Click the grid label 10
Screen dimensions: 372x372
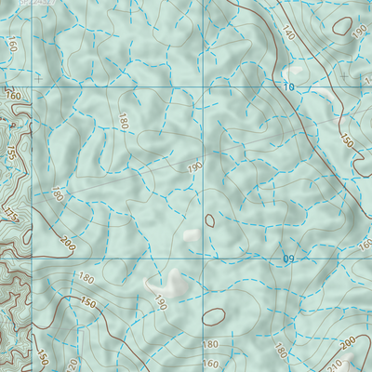point(289,87)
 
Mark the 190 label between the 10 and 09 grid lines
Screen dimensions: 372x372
point(194,167)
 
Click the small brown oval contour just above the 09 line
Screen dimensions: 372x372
point(210,220)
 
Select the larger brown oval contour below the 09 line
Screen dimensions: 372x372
point(213,317)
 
